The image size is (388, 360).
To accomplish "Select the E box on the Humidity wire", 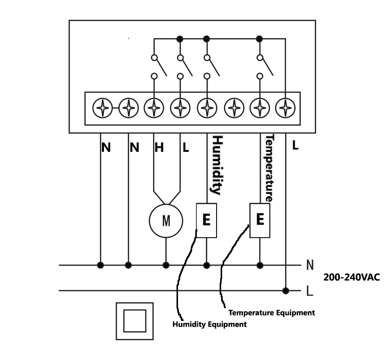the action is click(206, 220).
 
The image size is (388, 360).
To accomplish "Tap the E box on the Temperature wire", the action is click(260, 220).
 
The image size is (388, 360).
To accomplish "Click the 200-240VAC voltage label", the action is click(351, 277).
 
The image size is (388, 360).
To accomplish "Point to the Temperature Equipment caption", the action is click(272, 313).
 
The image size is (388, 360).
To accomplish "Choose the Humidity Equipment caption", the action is click(209, 324).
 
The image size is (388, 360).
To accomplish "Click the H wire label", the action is click(159, 148).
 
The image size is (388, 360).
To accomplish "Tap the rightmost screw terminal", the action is click(286, 108).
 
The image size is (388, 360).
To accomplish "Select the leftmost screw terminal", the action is click(102, 108).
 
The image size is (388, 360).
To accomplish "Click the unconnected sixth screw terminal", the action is click(234, 108).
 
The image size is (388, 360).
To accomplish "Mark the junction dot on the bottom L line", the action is click(286, 290).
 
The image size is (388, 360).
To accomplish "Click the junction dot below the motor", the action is click(166, 266).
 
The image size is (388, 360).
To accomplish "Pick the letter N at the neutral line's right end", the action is click(310, 265).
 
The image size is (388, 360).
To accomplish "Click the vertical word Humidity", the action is click(217, 165).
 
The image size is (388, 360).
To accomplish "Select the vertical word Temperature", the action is click(269, 168).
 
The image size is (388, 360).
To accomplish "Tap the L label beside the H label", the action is click(186, 148).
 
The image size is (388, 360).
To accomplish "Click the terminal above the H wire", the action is click(154, 108).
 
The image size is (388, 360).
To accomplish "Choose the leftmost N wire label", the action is click(106, 148).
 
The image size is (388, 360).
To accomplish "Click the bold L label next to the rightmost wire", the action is click(295, 145).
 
